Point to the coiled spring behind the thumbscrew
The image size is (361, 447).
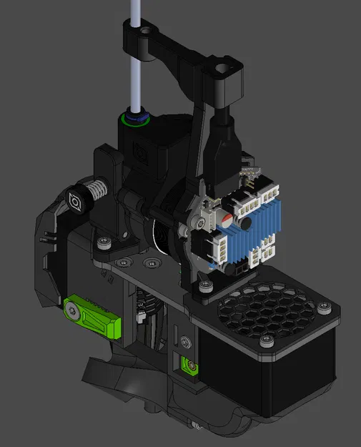pos(94,191)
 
